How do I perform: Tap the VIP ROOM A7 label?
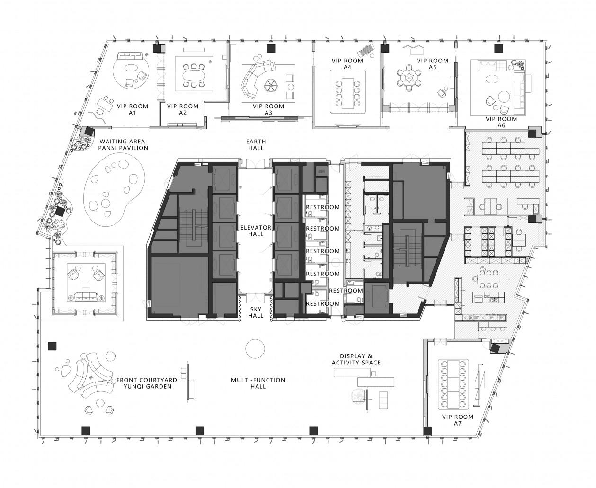coord(457,420)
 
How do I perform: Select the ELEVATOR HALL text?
coord(255,231)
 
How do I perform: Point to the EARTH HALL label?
coord(256,145)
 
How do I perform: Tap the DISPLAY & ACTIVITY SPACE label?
coord(356,359)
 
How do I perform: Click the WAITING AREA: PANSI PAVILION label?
coord(123,144)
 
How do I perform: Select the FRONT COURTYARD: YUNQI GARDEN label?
coord(144,383)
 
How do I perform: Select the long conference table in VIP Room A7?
coord(455,383)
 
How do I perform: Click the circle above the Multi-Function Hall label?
coord(255,349)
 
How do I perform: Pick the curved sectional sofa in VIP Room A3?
coord(256,79)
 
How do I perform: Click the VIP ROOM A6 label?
coord(501,122)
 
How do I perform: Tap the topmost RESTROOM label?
coord(322,207)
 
